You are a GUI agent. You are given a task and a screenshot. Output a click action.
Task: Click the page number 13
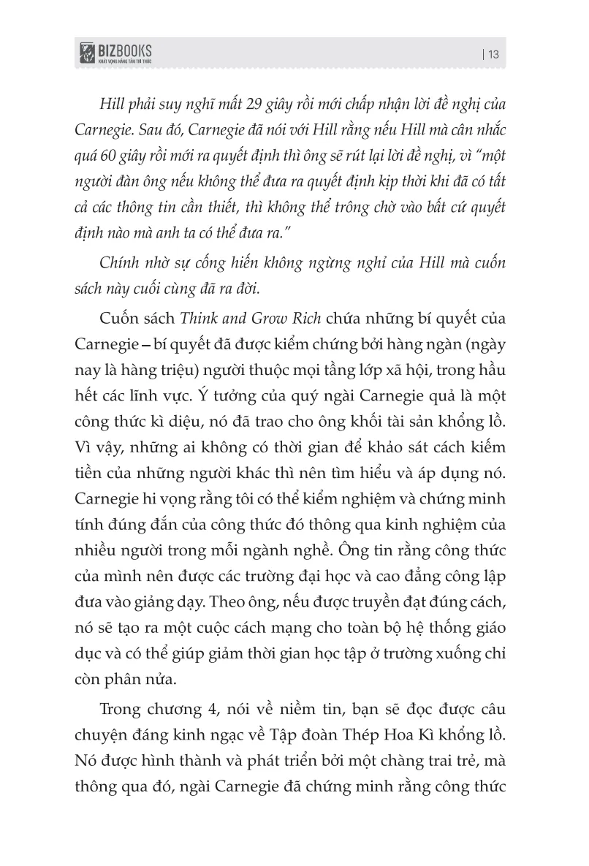click(493, 54)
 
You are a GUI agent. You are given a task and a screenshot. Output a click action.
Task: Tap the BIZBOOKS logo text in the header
click(124, 49)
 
